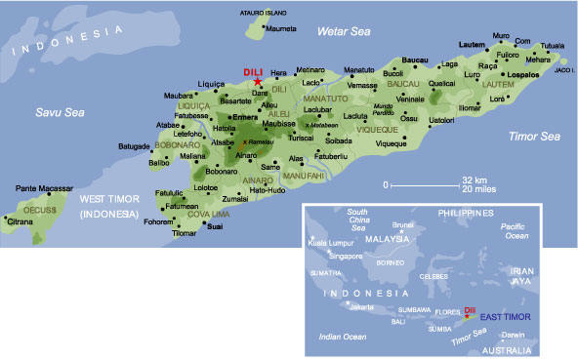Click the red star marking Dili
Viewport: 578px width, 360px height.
point(258,81)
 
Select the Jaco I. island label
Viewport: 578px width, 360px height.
point(563,70)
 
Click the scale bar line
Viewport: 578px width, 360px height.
point(424,183)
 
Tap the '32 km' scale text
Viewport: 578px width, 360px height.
point(475,180)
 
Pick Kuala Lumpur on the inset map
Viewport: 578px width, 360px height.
point(330,242)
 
